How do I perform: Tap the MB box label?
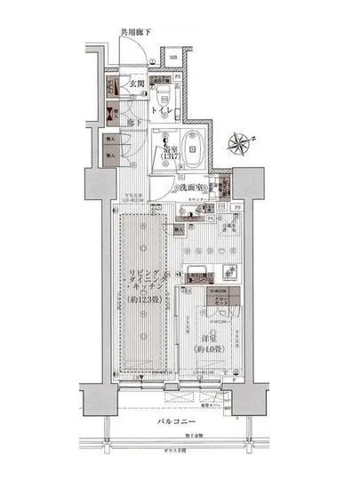[x=173, y=61]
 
